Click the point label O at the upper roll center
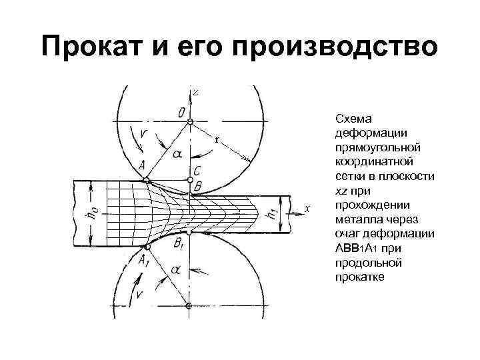[181, 113]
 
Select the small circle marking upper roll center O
[190, 122]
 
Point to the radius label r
[216, 140]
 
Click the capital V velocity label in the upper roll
[145, 135]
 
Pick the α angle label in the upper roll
[176, 155]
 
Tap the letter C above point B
[197, 171]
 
